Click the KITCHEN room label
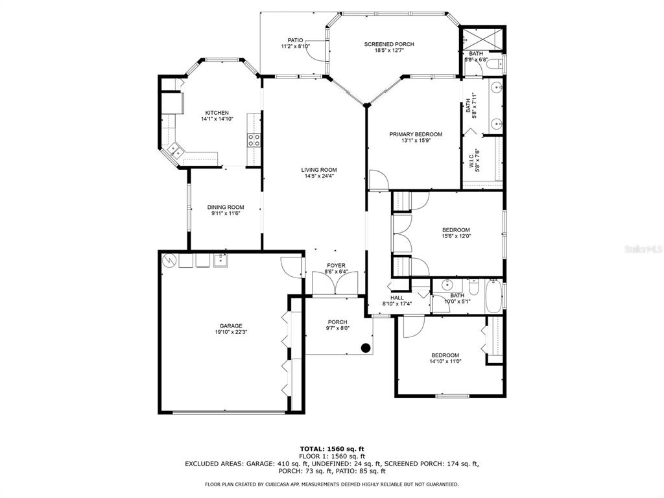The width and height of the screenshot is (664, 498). coord(217,113)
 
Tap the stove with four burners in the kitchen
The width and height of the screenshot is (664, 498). coord(254,140)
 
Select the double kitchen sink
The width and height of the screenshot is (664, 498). coord(174,150)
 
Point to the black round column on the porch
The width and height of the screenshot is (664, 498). coord(366,348)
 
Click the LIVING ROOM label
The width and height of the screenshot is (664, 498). coord(319,170)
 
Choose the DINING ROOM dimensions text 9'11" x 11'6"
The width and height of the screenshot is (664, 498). coord(226,214)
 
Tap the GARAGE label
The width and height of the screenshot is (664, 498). coord(231,326)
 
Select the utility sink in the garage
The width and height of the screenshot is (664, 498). coord(220,261)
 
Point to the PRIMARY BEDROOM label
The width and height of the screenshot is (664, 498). coord(416,134)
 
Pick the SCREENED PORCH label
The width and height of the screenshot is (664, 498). coord(389,44)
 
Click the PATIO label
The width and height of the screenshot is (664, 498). coord(295,40)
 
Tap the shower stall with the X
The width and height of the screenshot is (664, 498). coord(482,38)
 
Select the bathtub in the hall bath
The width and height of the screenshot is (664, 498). coord(493,296)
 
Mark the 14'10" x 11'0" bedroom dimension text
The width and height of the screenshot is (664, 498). coord(445,362)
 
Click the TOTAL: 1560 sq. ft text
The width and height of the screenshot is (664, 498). coord(332,449)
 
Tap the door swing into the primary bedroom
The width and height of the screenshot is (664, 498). coord(379,180)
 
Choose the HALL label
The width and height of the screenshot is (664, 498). coord(397,298)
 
